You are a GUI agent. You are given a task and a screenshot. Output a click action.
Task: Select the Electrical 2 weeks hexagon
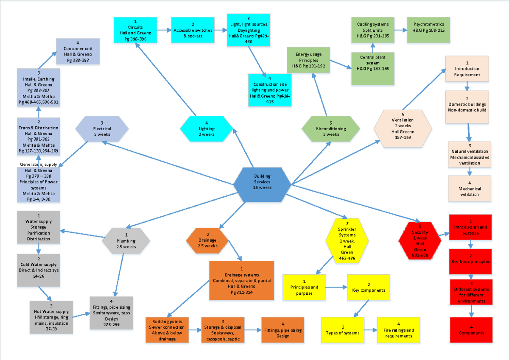point(102,128)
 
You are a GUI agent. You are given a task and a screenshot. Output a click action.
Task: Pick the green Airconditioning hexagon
point(331,128)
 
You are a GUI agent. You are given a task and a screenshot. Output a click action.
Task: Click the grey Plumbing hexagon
point(126,241)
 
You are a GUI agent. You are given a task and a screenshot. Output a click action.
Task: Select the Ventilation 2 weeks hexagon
point(403,128)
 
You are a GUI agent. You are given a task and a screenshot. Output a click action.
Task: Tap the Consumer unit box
point(78,51)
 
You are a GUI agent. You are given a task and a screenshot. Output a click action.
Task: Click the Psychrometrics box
point(429,30)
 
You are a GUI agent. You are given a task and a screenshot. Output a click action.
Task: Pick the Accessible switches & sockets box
point(192,30)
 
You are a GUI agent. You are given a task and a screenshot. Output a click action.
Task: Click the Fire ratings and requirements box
point(398,330)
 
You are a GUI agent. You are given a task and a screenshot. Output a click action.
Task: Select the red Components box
point(471,330)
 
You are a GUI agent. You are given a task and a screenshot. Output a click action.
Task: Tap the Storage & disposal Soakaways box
point(222,330)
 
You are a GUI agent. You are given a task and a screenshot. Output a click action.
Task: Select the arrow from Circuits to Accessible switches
point(164,31)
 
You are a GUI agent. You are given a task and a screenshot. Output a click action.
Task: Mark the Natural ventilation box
point(469,154)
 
